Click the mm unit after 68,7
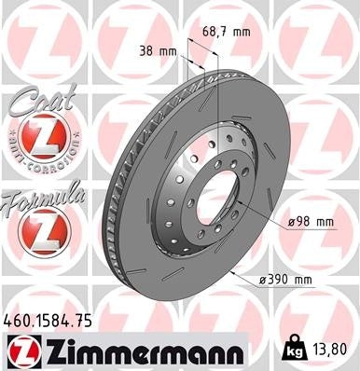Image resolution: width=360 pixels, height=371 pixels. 241,32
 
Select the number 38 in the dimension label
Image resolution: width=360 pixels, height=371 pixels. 142,51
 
